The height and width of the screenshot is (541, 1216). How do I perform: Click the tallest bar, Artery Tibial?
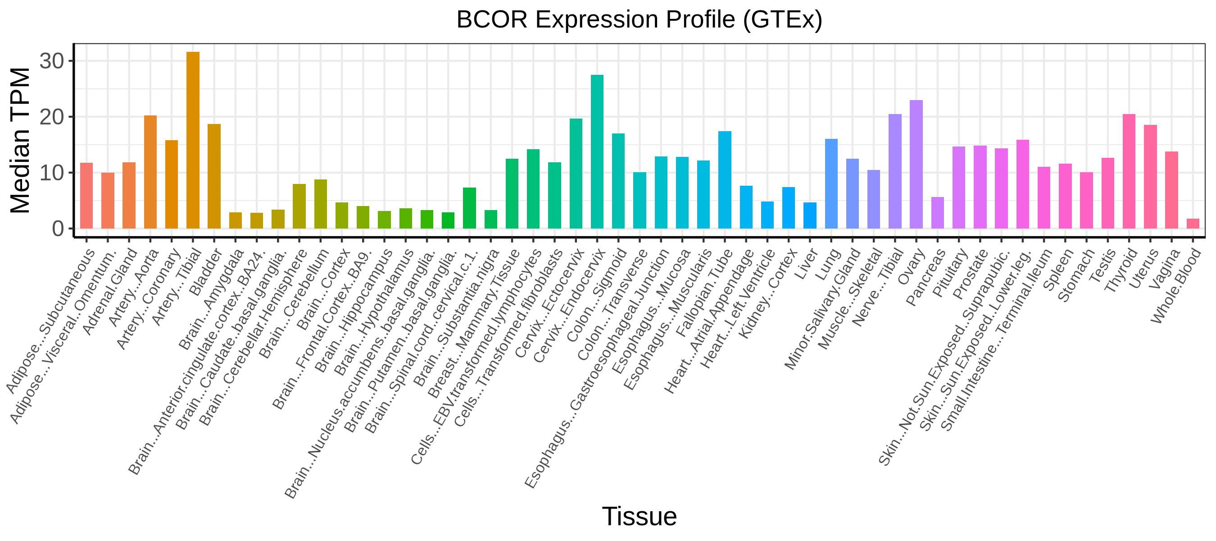click(x=193, y=140)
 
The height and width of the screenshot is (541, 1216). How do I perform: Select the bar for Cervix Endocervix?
click(x=597, y=151)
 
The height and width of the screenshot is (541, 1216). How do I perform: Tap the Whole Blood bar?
click(x=1193, y=224)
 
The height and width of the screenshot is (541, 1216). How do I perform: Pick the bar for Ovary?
click(x=916, y=165)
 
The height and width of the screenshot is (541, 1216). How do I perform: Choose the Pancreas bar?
click(x=938, y=213)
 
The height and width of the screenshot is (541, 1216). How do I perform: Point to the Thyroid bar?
click(x=1129, y=171)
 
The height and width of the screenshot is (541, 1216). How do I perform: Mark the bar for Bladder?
click(x=214, y=176)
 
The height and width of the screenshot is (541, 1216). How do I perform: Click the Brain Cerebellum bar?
click(x=321, y=204)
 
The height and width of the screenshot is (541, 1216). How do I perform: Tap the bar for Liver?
click(x=810, y=215)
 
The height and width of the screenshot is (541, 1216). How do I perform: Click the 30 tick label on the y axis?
click(x=52, y=61)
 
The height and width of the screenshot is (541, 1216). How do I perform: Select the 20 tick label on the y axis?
click(x=52, y=117)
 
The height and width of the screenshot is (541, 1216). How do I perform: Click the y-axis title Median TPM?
click(x=20, y=140)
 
